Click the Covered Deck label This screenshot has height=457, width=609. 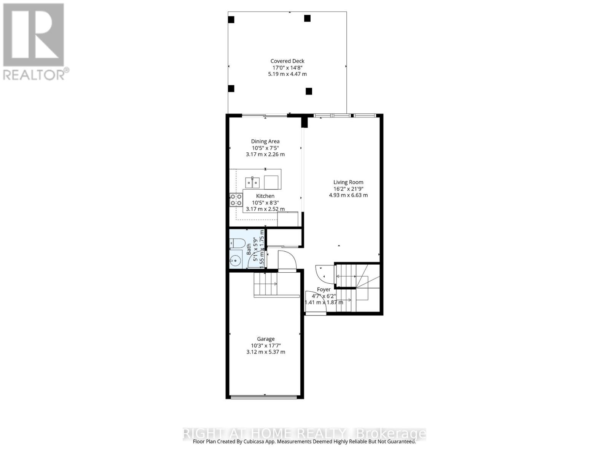pos(287,61)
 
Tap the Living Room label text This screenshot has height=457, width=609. pos(348,182)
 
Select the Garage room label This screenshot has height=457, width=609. pos(266,339)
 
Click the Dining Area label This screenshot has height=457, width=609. pos(265,141)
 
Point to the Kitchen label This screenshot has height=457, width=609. pos(265,196)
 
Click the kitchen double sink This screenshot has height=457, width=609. pos(252,182)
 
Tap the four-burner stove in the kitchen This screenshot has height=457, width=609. pos(236,200)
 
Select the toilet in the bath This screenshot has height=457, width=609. pos(236,243)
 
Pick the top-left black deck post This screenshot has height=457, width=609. pos(231,19)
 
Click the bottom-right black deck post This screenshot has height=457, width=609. pos(309,91)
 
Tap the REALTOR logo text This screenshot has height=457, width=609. pos(36,74)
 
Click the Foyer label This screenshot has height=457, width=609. pos(324,289)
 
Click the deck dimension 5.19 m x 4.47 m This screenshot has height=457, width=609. pos(287,74)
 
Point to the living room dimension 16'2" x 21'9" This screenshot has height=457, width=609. pos(348,189)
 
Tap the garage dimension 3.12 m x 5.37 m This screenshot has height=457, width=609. pos(266,352)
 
